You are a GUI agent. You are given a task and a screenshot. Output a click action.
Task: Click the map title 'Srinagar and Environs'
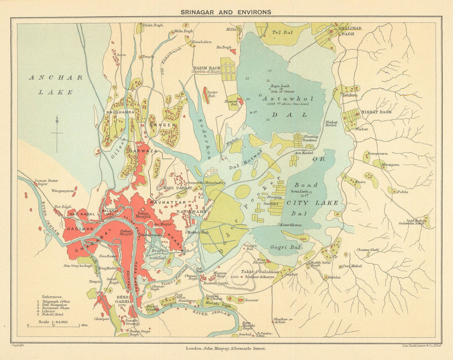[x=226, y=12]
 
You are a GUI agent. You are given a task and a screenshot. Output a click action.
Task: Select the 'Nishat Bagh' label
[x=376, y=112]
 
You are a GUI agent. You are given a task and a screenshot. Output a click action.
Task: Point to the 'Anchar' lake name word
[x=56, y=77]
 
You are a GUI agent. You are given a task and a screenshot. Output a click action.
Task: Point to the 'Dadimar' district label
[x=81, y=229]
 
